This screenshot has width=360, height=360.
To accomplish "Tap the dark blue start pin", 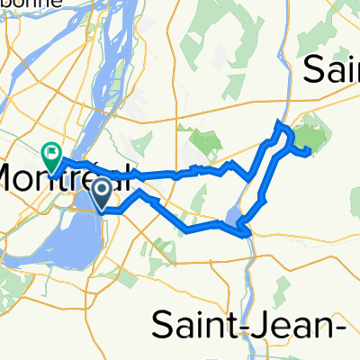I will click(102, 192).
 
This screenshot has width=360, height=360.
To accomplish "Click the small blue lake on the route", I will click(233, 216).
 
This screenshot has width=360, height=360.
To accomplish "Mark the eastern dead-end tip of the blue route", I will click(310, 152).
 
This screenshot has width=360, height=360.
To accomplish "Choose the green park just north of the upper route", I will click(206, 141).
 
